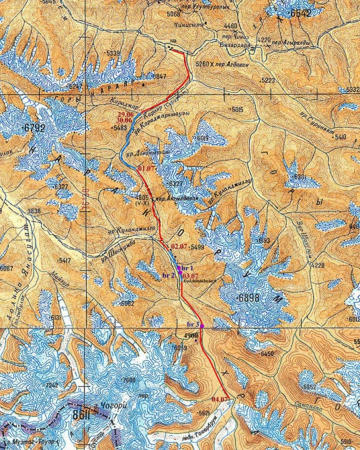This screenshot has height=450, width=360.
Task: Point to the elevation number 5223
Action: (x=269, y=81)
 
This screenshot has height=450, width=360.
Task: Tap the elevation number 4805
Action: (x=142, y=198)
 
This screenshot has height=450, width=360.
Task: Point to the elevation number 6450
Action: (x=267, y=354)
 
